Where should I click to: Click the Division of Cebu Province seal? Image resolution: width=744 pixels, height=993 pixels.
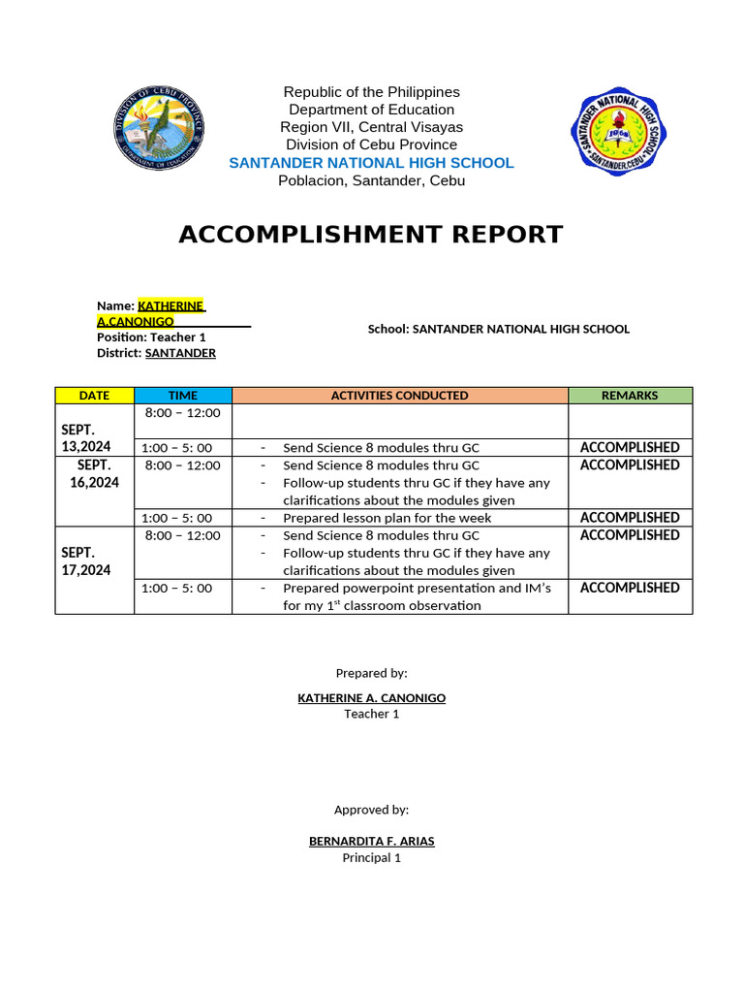click(x=158, y=129)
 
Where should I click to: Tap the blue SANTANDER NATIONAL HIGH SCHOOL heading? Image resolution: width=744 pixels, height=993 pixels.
click(x=371, y=163)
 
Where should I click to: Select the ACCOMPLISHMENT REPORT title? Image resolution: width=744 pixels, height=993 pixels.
click(x=371, y=235)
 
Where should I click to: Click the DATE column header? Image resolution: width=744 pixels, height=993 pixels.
click(x=94, y=396)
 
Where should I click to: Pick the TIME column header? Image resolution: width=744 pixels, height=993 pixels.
click(x=182, y=396)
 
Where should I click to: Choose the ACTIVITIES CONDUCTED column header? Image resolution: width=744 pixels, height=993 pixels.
click(x=399, y=396)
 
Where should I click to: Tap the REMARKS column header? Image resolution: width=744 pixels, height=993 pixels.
click(x=630, y=396)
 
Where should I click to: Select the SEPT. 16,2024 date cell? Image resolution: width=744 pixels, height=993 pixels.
click(x=94, y=473)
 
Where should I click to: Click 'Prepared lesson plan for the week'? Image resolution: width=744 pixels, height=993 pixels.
click(x=387, y=518)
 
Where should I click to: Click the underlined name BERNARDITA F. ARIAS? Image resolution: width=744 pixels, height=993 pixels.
click(x=372, y=842)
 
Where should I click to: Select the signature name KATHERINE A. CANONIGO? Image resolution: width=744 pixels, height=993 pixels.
click(x=372, y=698)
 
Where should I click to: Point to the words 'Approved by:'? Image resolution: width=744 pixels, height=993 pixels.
click(x=372, y=810)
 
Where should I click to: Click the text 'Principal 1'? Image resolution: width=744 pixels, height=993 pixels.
click(x=372, y=858)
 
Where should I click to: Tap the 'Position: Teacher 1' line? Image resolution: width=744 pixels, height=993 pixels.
click(x=151, y=337)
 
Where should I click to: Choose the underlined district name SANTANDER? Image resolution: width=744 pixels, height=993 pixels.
click(x=180, y=354)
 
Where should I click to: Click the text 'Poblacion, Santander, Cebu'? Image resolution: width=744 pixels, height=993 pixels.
click(x=371, y=180)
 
